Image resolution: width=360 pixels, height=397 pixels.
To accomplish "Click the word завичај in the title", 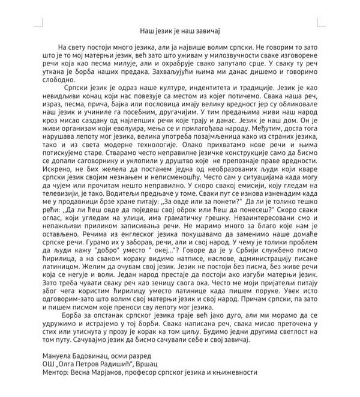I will [209, 28].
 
